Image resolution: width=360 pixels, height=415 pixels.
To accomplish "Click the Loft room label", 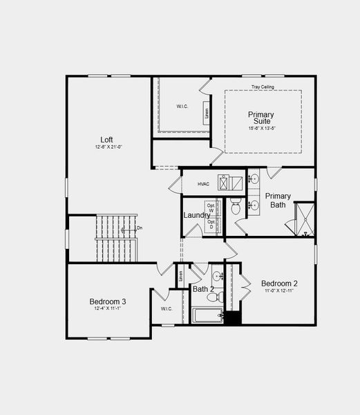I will click(x=106, y=138).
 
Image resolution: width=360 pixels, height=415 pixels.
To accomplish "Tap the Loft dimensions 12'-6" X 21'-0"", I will click(x=108, y=147).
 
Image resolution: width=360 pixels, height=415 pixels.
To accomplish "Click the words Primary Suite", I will click(x=261, y=118).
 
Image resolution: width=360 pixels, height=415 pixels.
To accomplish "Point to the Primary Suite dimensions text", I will click(x=262, y=129).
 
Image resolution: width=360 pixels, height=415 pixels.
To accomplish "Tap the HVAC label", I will click(x=203, y=184).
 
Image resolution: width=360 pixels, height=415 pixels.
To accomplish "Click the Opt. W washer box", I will click(x=211, y=208).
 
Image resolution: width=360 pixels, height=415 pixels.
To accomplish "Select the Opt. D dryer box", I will click(x=211, y=224).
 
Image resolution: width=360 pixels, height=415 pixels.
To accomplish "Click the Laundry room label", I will click(x=196, y=216).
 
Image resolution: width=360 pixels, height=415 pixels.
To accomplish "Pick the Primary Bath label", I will click(x=278, y=200).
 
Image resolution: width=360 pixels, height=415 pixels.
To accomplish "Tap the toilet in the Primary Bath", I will click(x=235, y=205).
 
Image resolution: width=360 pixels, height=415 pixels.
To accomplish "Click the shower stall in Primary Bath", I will click(x=304, y=219).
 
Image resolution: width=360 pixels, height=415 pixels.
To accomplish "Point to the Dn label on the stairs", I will click(x=140, y=228).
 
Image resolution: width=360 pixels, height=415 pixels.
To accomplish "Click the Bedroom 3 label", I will click(x=108, y=302).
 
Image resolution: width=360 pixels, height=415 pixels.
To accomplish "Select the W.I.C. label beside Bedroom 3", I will click(x=167, y=308).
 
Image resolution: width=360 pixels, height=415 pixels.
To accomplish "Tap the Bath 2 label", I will click(x=203, y=289).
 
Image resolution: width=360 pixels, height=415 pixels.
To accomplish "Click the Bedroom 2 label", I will click(x=279, y=284).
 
